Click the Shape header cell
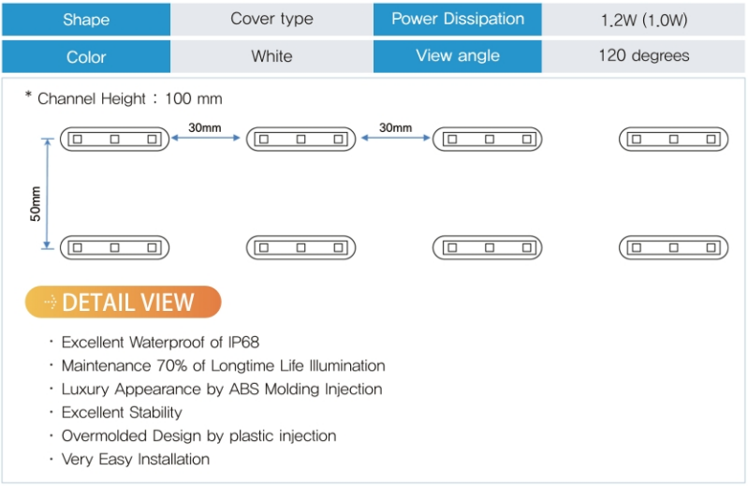click(86, 20)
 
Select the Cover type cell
click(271, 20)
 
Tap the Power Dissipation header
click(458, 20)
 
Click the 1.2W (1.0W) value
click(643, 20)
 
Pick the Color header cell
click(86, 56)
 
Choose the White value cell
click(271, 56)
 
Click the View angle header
click(458, 56)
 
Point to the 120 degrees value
click(643, 56)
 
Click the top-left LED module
click(114, 140)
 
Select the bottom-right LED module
click(673, 248)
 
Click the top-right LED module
click(673, 140)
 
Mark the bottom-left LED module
click(114, 248)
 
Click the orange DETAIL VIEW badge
click(123, 302)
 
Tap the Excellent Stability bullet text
click(122, 413)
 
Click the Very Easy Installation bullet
click(136, 460)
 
